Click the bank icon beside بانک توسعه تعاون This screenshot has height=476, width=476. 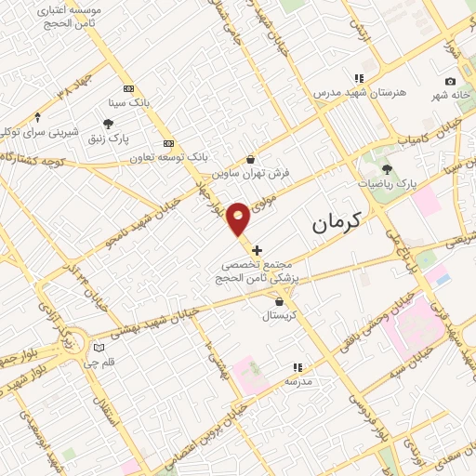click(168, 143)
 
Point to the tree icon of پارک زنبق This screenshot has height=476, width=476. click(109, 124)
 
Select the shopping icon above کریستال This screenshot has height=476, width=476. click(280, 300)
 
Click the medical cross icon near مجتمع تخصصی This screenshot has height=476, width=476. click(258, 250)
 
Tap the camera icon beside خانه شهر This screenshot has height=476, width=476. click(451, 82)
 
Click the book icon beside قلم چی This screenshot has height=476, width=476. click(98, 348)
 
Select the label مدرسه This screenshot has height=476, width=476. click(297, 382)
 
